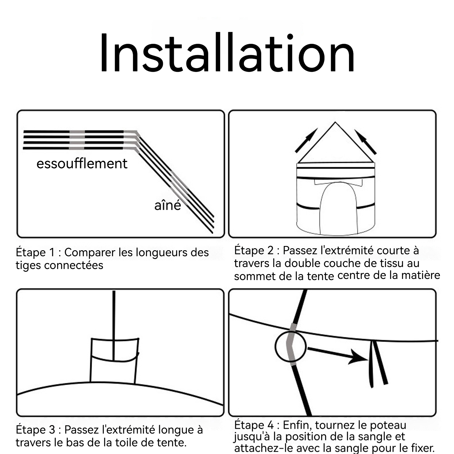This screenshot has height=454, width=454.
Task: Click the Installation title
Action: pyautogui.click(x=227, y=53)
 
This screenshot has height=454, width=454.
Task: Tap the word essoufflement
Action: pyautogui.click(x=82, y=163)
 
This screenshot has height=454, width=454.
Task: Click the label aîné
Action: pyautogui.click(x=167, y=205)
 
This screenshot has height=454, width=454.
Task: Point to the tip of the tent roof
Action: pyautogui.click(x=335, y=122)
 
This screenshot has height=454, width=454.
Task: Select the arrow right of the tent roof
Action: pyautogui.click(x=365, y=142)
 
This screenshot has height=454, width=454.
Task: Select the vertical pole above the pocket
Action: pyautogui.click(x=114, y=325)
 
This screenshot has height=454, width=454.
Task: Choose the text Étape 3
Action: pyautogui.click(x=35, y=430)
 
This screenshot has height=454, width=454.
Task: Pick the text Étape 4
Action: pyautogui.click(x=254, y=425)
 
